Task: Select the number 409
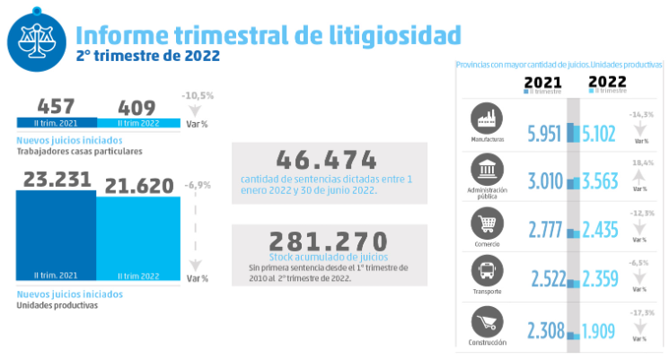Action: (136, 107)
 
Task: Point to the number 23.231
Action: (55, 179)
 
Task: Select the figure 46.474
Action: (327, 160)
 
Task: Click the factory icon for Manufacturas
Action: (487, 120)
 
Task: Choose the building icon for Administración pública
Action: (487, 171)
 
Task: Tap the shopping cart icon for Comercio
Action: (487, 222)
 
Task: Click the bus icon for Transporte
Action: (487, 272)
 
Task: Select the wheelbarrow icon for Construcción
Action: (487, 322)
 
